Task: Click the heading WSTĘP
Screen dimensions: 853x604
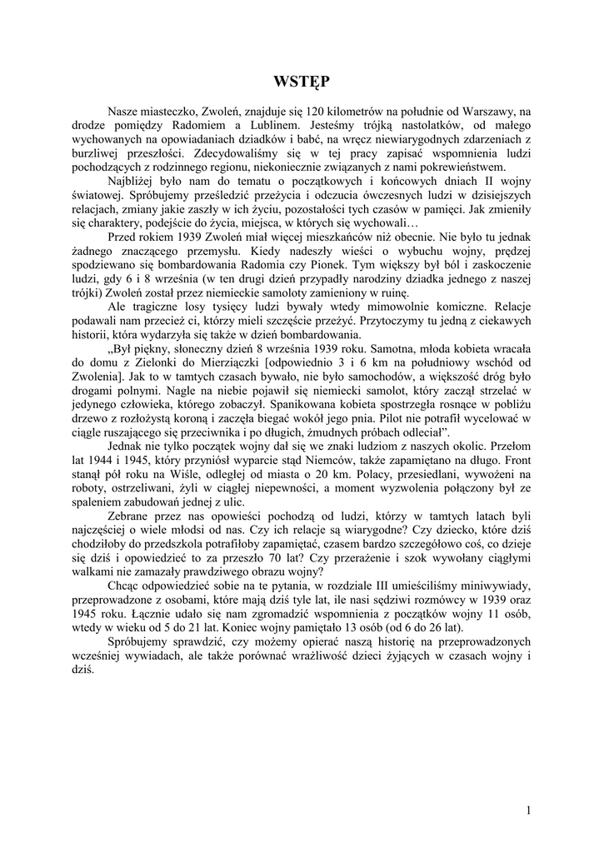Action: (x=302, y=81)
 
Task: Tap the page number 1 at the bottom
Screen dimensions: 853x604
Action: (x=530, y=808)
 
